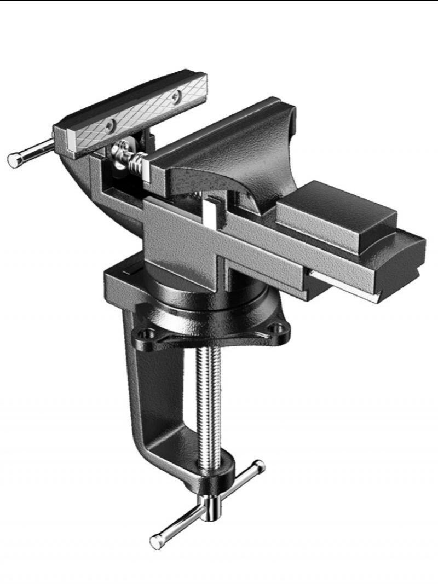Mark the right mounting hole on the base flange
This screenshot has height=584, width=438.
click(280, 328)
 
